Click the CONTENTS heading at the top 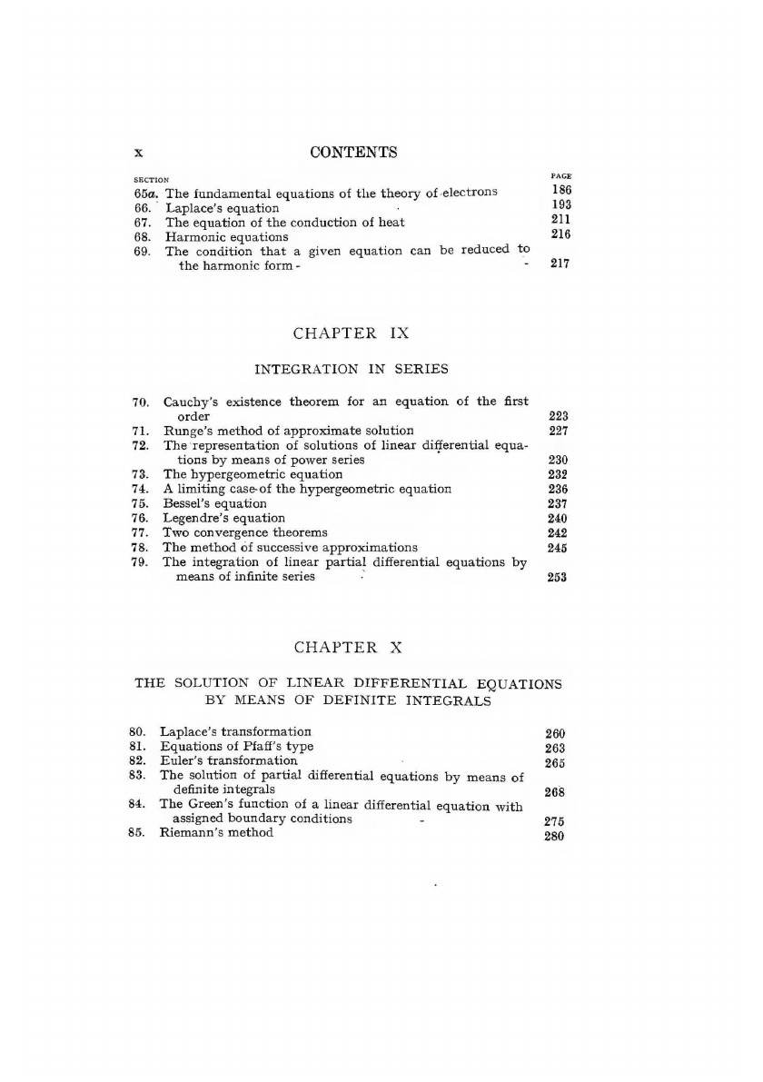(353, 152)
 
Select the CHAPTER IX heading (352, 333)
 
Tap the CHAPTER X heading (349, 647)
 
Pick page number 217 (560, 265)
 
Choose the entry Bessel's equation (214, 503)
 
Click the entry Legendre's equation (223, 518)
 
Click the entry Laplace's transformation (235, 731)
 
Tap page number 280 (554, 836)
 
